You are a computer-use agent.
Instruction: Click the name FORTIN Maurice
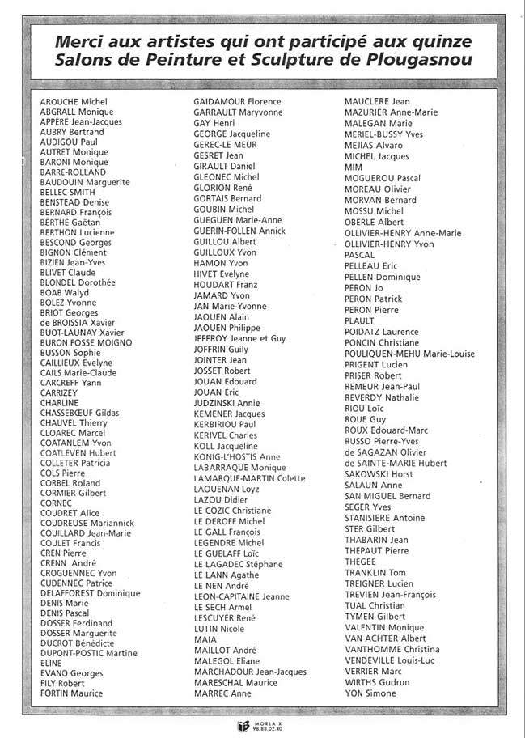[71, 693]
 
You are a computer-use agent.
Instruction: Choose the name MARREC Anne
[222, 693]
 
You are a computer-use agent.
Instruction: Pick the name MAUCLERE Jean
[377, 102]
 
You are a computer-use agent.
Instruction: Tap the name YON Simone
[370, 694]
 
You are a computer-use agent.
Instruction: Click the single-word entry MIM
[353, 168]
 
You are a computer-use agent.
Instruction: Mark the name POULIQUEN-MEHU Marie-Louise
[409, 354]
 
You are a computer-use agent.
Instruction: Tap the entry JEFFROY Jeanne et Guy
[239, 338]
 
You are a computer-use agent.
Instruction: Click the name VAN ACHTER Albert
[385, 638]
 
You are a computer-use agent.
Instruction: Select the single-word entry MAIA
[205, 639]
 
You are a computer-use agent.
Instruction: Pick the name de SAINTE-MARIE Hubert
[396, 463]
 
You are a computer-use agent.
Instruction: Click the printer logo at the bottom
[241, 726]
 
